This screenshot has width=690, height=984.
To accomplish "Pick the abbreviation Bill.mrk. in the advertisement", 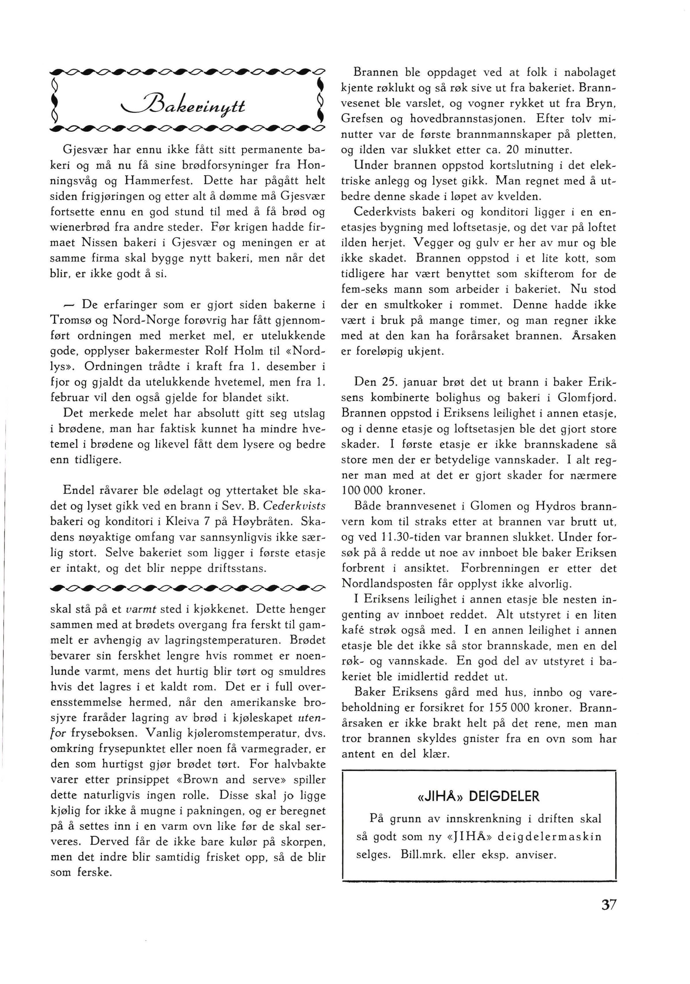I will pyautogui.click(x=418, y=855).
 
